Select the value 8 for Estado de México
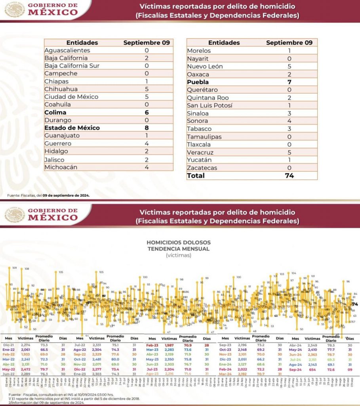(147, 128)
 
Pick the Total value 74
(289, 176)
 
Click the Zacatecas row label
(203, 168)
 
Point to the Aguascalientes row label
(67, 50)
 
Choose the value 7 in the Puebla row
(289, 82)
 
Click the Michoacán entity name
(61, 167)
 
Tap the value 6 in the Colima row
(147, 112)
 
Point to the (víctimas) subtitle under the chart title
(179, 255)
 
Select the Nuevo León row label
(205, 66)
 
